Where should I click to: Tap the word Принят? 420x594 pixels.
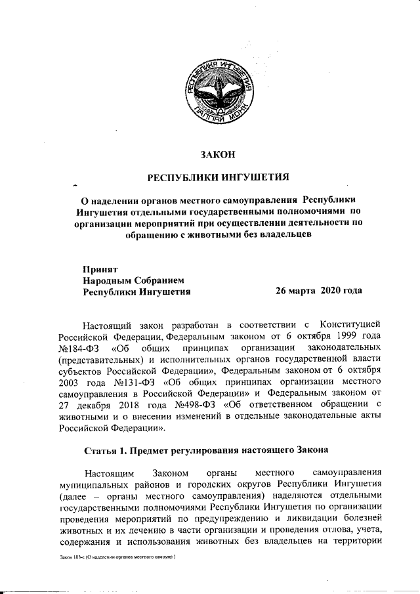pyautogui.click(x=100, y=269)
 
